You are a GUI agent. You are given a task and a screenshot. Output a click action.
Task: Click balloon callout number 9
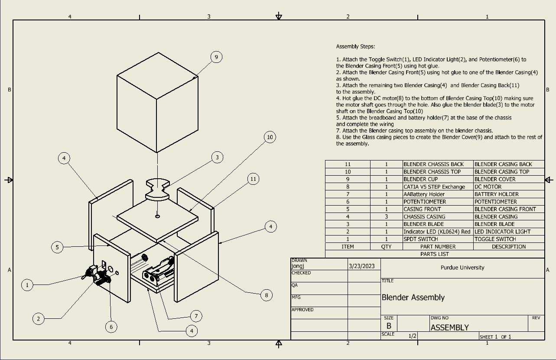(x=216, y=57)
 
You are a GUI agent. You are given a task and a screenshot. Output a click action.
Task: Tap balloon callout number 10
(x=270, y=137)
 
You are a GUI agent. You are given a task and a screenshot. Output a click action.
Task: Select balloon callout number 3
(x=218, y=157)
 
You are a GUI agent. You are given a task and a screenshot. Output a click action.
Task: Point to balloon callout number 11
(x=254, y=179)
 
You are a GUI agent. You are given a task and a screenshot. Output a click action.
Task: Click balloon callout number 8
(x=267, y=295)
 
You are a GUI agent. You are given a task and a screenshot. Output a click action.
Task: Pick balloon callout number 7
(x=196, y=316)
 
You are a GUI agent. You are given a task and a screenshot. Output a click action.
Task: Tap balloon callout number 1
(x=27, y=285)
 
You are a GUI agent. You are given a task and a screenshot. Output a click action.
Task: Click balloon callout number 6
(x=111, y=327)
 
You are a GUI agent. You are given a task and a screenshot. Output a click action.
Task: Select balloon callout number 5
(x=57, y=247)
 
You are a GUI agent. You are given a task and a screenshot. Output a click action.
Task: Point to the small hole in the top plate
(x=157, y=216)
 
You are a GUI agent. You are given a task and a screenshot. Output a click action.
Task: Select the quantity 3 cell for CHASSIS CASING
(x=386, y=216)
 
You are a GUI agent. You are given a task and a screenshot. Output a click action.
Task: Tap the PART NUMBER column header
(x=438, y=246)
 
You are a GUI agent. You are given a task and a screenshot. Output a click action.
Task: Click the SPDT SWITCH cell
(x=420, y=239)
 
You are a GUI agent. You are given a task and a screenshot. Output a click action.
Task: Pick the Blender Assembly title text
(x=413, y=298)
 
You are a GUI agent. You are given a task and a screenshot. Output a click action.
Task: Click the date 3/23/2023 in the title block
(x=361, y=266)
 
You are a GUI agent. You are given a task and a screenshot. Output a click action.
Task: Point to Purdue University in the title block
(x=462, y=268)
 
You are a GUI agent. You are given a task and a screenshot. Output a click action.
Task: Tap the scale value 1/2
(x=413, y=336)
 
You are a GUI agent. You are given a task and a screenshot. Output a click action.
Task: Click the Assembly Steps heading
(x=355, y=46)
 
